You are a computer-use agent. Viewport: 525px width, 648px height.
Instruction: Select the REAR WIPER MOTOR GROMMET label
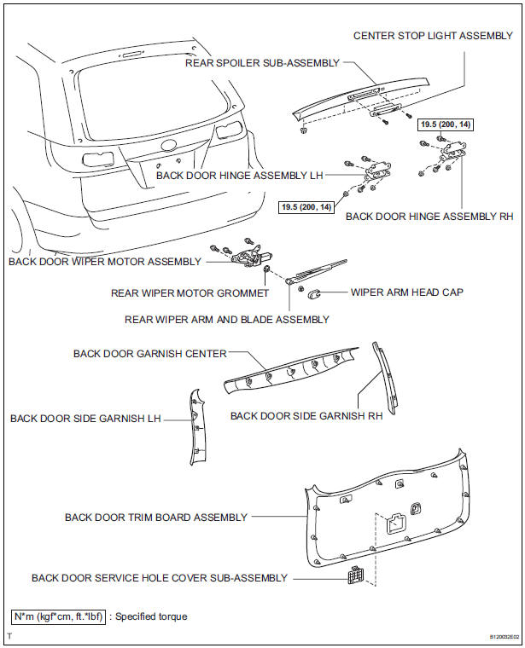[x=190, y=293]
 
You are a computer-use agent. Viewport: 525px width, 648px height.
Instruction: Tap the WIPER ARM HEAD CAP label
[x=407, y=292]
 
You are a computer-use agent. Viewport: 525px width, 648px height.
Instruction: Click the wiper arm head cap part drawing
[x=313, y=294]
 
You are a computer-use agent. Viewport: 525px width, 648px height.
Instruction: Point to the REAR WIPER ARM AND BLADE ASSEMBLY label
[x=226, y=320]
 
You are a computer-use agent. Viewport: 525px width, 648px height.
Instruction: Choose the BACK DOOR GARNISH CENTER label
[x=149, y=353]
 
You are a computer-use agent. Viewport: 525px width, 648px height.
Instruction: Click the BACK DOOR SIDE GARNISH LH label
[x=85, y=419]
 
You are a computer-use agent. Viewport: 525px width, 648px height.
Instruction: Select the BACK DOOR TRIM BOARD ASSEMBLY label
[x=156, y=517]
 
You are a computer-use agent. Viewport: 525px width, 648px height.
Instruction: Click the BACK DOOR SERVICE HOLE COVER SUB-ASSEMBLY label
[x=160, y=578]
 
